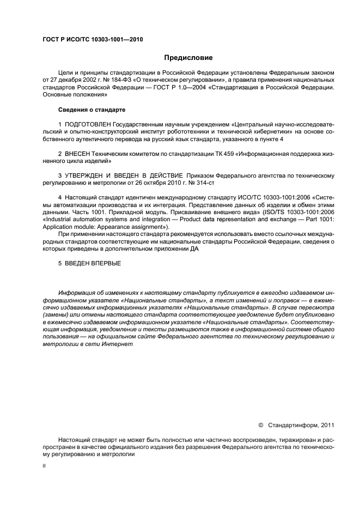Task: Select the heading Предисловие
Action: tap(188, 57)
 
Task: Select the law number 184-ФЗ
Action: tap(118, 79)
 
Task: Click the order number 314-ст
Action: tap(202, 183)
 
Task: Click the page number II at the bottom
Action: tap(44, 465)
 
